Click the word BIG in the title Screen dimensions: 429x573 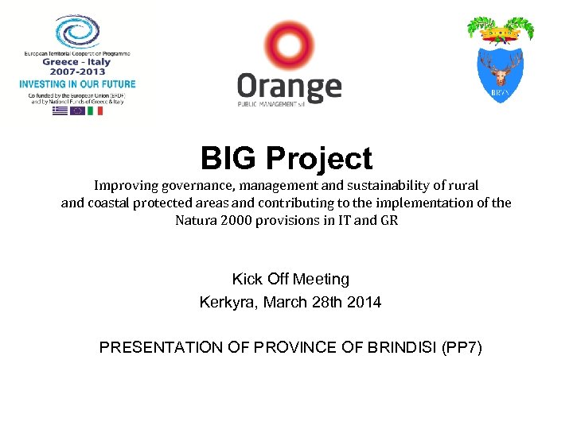229,159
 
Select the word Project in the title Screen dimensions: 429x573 319,160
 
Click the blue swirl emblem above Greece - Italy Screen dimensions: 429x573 77,32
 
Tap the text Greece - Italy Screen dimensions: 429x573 77,61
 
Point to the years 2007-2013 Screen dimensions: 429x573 77,71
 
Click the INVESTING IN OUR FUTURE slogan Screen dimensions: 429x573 77,83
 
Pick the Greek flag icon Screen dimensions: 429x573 60,111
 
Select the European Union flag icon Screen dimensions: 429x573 77,111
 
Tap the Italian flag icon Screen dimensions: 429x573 95,111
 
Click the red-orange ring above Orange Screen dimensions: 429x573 290,47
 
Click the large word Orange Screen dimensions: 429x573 290,86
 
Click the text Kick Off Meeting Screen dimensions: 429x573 290,279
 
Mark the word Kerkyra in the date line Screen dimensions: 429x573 226,302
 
